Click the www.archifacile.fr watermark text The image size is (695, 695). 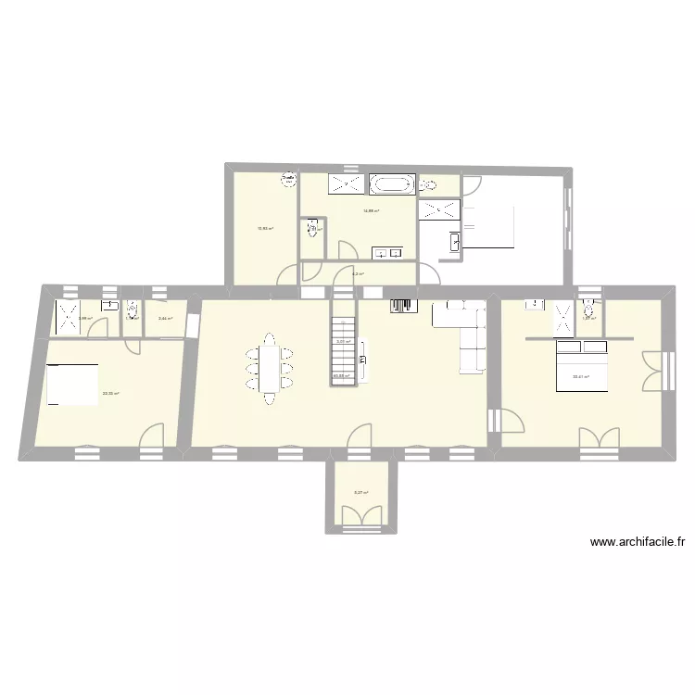637,543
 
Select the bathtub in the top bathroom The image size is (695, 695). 392,184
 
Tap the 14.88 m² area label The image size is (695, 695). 372,211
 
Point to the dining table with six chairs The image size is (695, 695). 269,368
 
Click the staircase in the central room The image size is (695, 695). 343,351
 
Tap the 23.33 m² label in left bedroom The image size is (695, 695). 110,394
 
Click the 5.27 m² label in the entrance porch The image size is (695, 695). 360,493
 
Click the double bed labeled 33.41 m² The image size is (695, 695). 581,368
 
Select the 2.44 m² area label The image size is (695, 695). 165,320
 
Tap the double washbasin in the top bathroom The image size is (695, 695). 387,252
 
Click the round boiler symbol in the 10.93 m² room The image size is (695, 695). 289,180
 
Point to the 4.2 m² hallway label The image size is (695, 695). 358,273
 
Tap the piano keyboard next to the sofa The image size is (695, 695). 401,307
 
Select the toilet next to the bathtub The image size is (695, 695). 428,185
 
